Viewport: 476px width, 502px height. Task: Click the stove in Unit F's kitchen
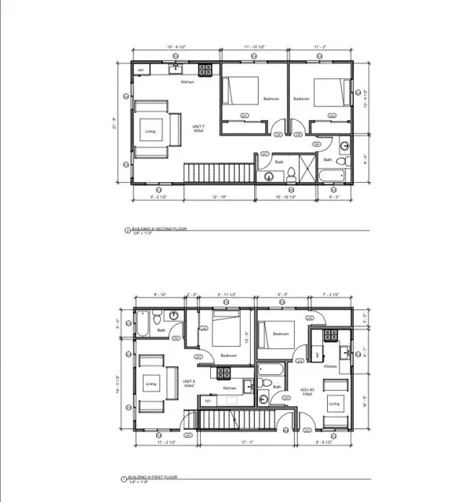pyautogui.click(x=205, y=71)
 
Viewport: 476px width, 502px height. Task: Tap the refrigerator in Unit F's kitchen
pyautogui.click(x=141, y=71)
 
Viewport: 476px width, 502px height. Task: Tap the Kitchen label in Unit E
pyautogui.click(x=229, y=388)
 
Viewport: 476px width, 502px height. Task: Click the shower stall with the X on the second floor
pyautogui.click(x=307, y=169)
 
